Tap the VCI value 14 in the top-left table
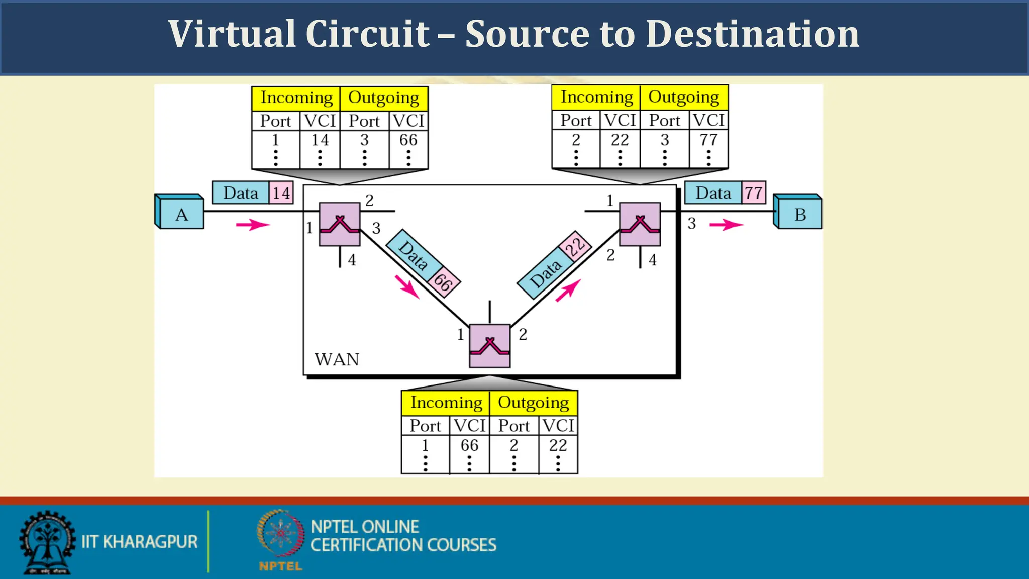pyautogui.click(x=320, y=140)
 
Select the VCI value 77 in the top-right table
pyautogui.click(x=708, y=140)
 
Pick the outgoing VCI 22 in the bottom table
pyautogui.click(x=558, y=445)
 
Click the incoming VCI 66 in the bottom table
pyautogui.click(x=469, y=445)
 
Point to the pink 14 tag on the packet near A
pyautogui.click(x=281, y=193)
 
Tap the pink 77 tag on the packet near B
pyautogui.click(x=753, y=193)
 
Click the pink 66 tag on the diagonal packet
pyautogui.click(x=443, y=282)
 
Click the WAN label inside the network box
pyautogui.click(x=337, y=360)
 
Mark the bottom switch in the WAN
pyautogui.click(x=490, y=346)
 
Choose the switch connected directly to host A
pyautogui.click(x=340, y=224)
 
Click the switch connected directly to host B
pyautogui.click(x=640, y=224)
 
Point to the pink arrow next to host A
pyautogui.click(x=253, y=224)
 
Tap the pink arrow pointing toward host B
pyautogui.click(x=726, y=224)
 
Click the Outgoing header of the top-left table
pyautogui.click(x=383, y=98)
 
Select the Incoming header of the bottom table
pyautogui.click(x=446, y=403)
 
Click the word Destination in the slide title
pyautogui.click(x=752, y=34)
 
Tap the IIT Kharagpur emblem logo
pyautogui.click(x=47, y=542)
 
